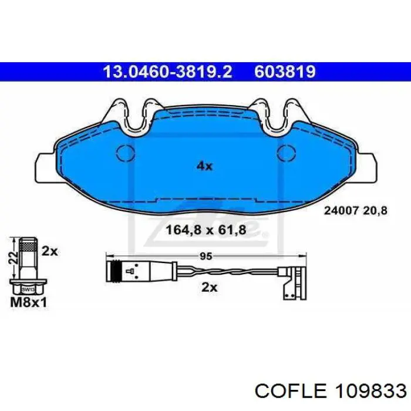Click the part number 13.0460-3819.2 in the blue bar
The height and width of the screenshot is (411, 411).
point(168,72)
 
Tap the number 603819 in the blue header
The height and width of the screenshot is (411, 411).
point(285,72)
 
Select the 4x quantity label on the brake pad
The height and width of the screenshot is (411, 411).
point(204,166)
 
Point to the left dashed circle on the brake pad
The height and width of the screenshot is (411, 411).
point(126,153)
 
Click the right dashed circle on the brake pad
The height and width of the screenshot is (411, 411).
point(287,153)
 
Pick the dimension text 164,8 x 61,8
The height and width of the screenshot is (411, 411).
point(206,230)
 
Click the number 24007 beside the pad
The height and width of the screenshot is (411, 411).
point(341,210)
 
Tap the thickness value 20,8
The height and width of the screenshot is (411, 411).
point(375,210)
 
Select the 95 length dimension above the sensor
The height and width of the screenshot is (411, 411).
point(206,257)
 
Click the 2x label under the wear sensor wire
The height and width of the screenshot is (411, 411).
point(210,288)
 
